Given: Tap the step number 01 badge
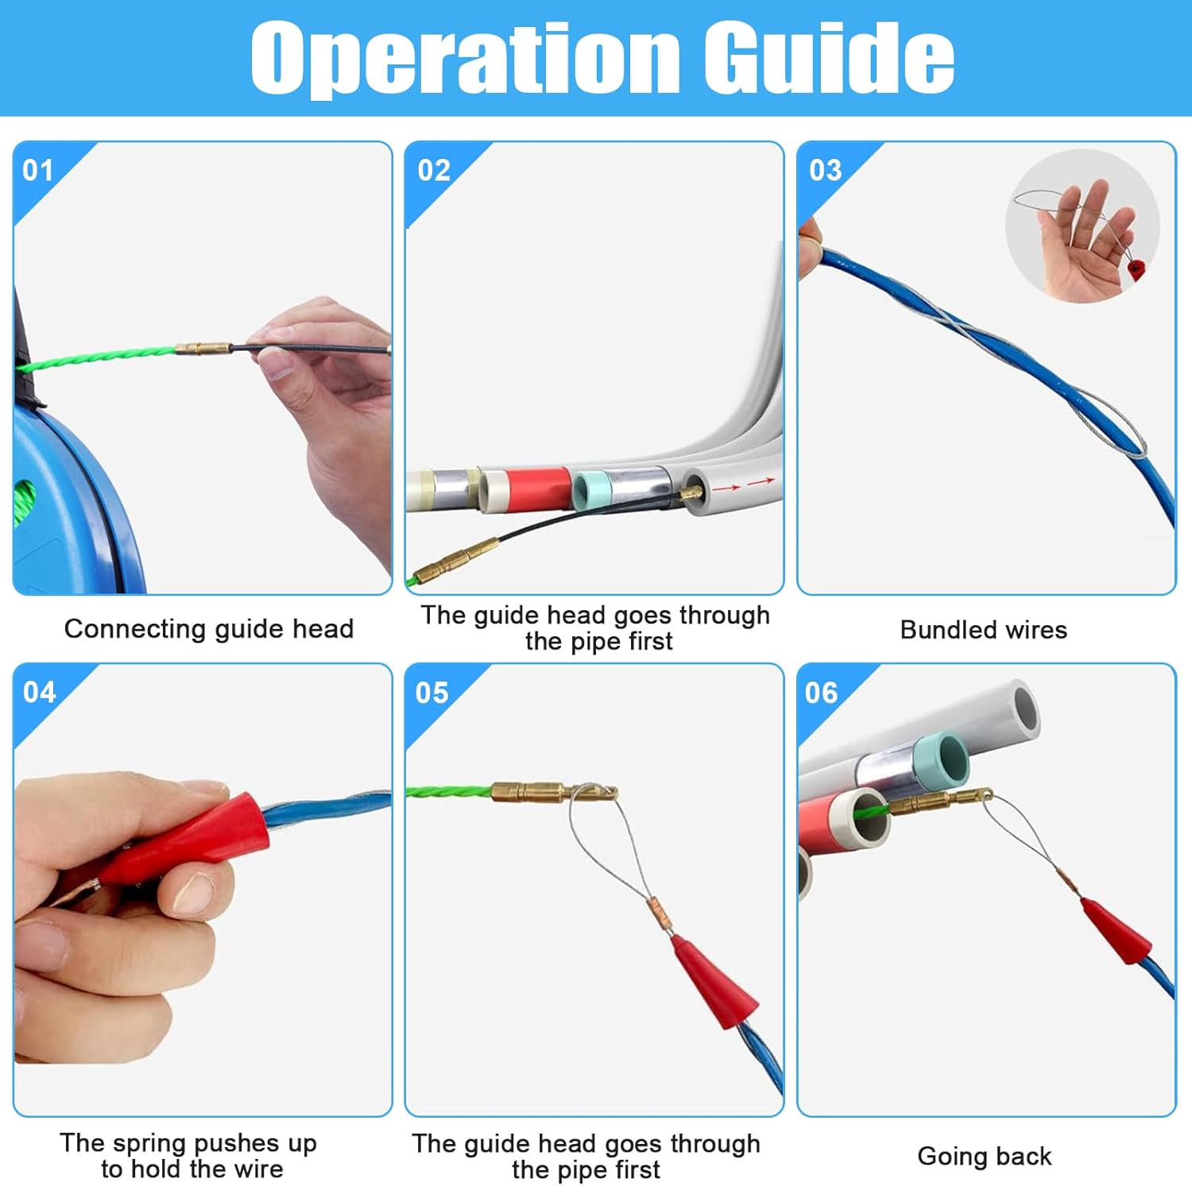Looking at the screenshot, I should click(x=37, y=170).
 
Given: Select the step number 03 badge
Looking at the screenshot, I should click(x=825, y=170).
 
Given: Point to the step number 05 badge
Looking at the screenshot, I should click(x=432, y=693).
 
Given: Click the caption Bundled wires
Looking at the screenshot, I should click(x=983, y=630).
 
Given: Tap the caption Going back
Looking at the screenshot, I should click(x=984, y=1156).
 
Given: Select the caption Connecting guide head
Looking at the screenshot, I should click(x=208, y=628).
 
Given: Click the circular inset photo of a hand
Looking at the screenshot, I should click(x=1082, y=226).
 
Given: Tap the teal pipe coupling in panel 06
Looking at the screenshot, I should click(x=942, y=759).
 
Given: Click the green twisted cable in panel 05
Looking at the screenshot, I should click(x=449, y=791).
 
